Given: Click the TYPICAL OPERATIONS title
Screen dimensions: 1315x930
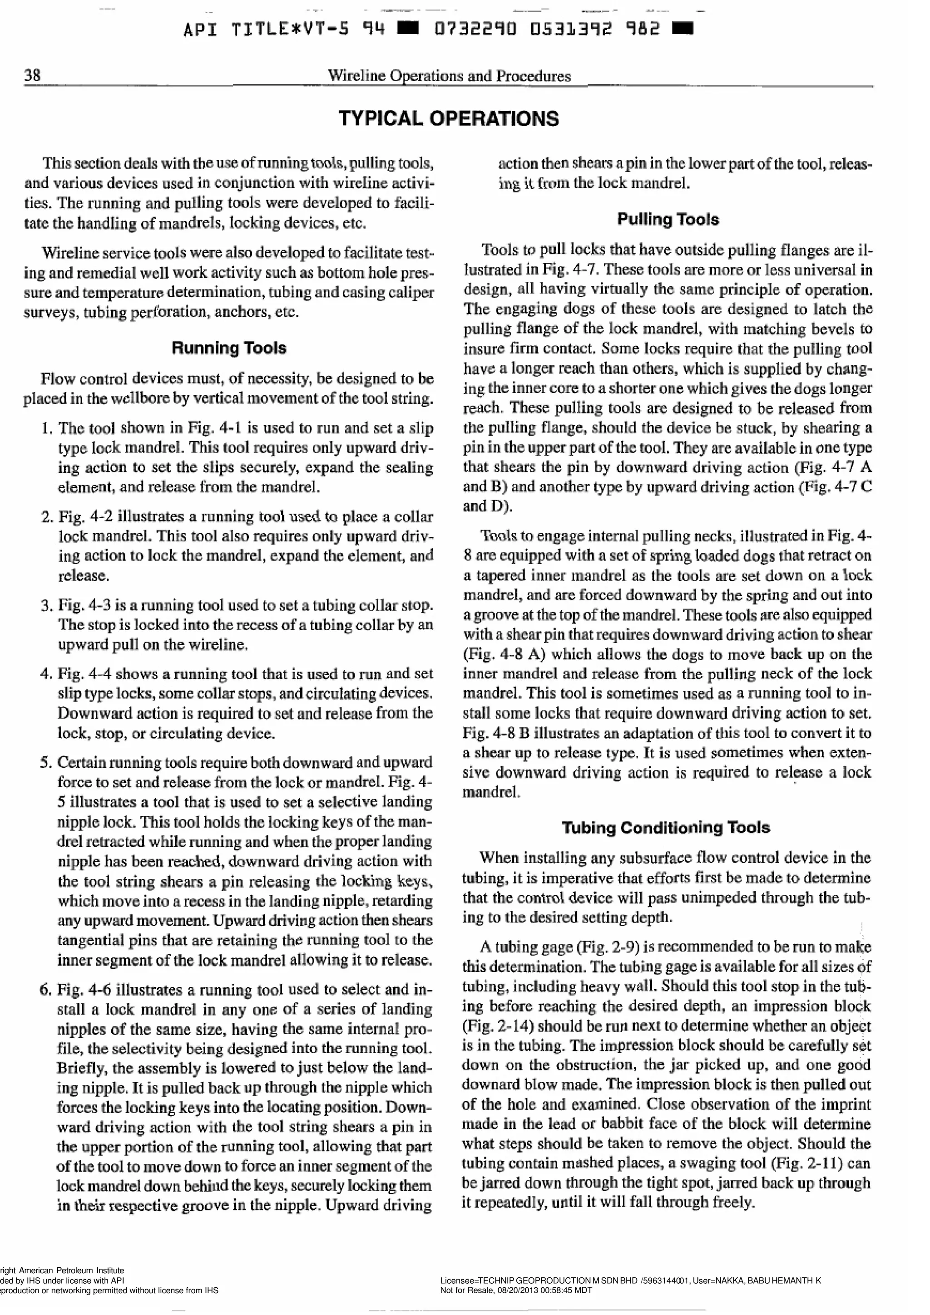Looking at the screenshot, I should (x=448, y=118).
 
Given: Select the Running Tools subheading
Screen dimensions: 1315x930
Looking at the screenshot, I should (x=228, y=348).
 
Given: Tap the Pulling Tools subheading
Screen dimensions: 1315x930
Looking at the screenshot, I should (x=668, y=219).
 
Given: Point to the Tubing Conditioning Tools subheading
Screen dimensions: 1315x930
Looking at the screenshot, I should (x=665, y=827).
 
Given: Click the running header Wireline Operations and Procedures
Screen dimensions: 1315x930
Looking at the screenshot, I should (x=448, y=76).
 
